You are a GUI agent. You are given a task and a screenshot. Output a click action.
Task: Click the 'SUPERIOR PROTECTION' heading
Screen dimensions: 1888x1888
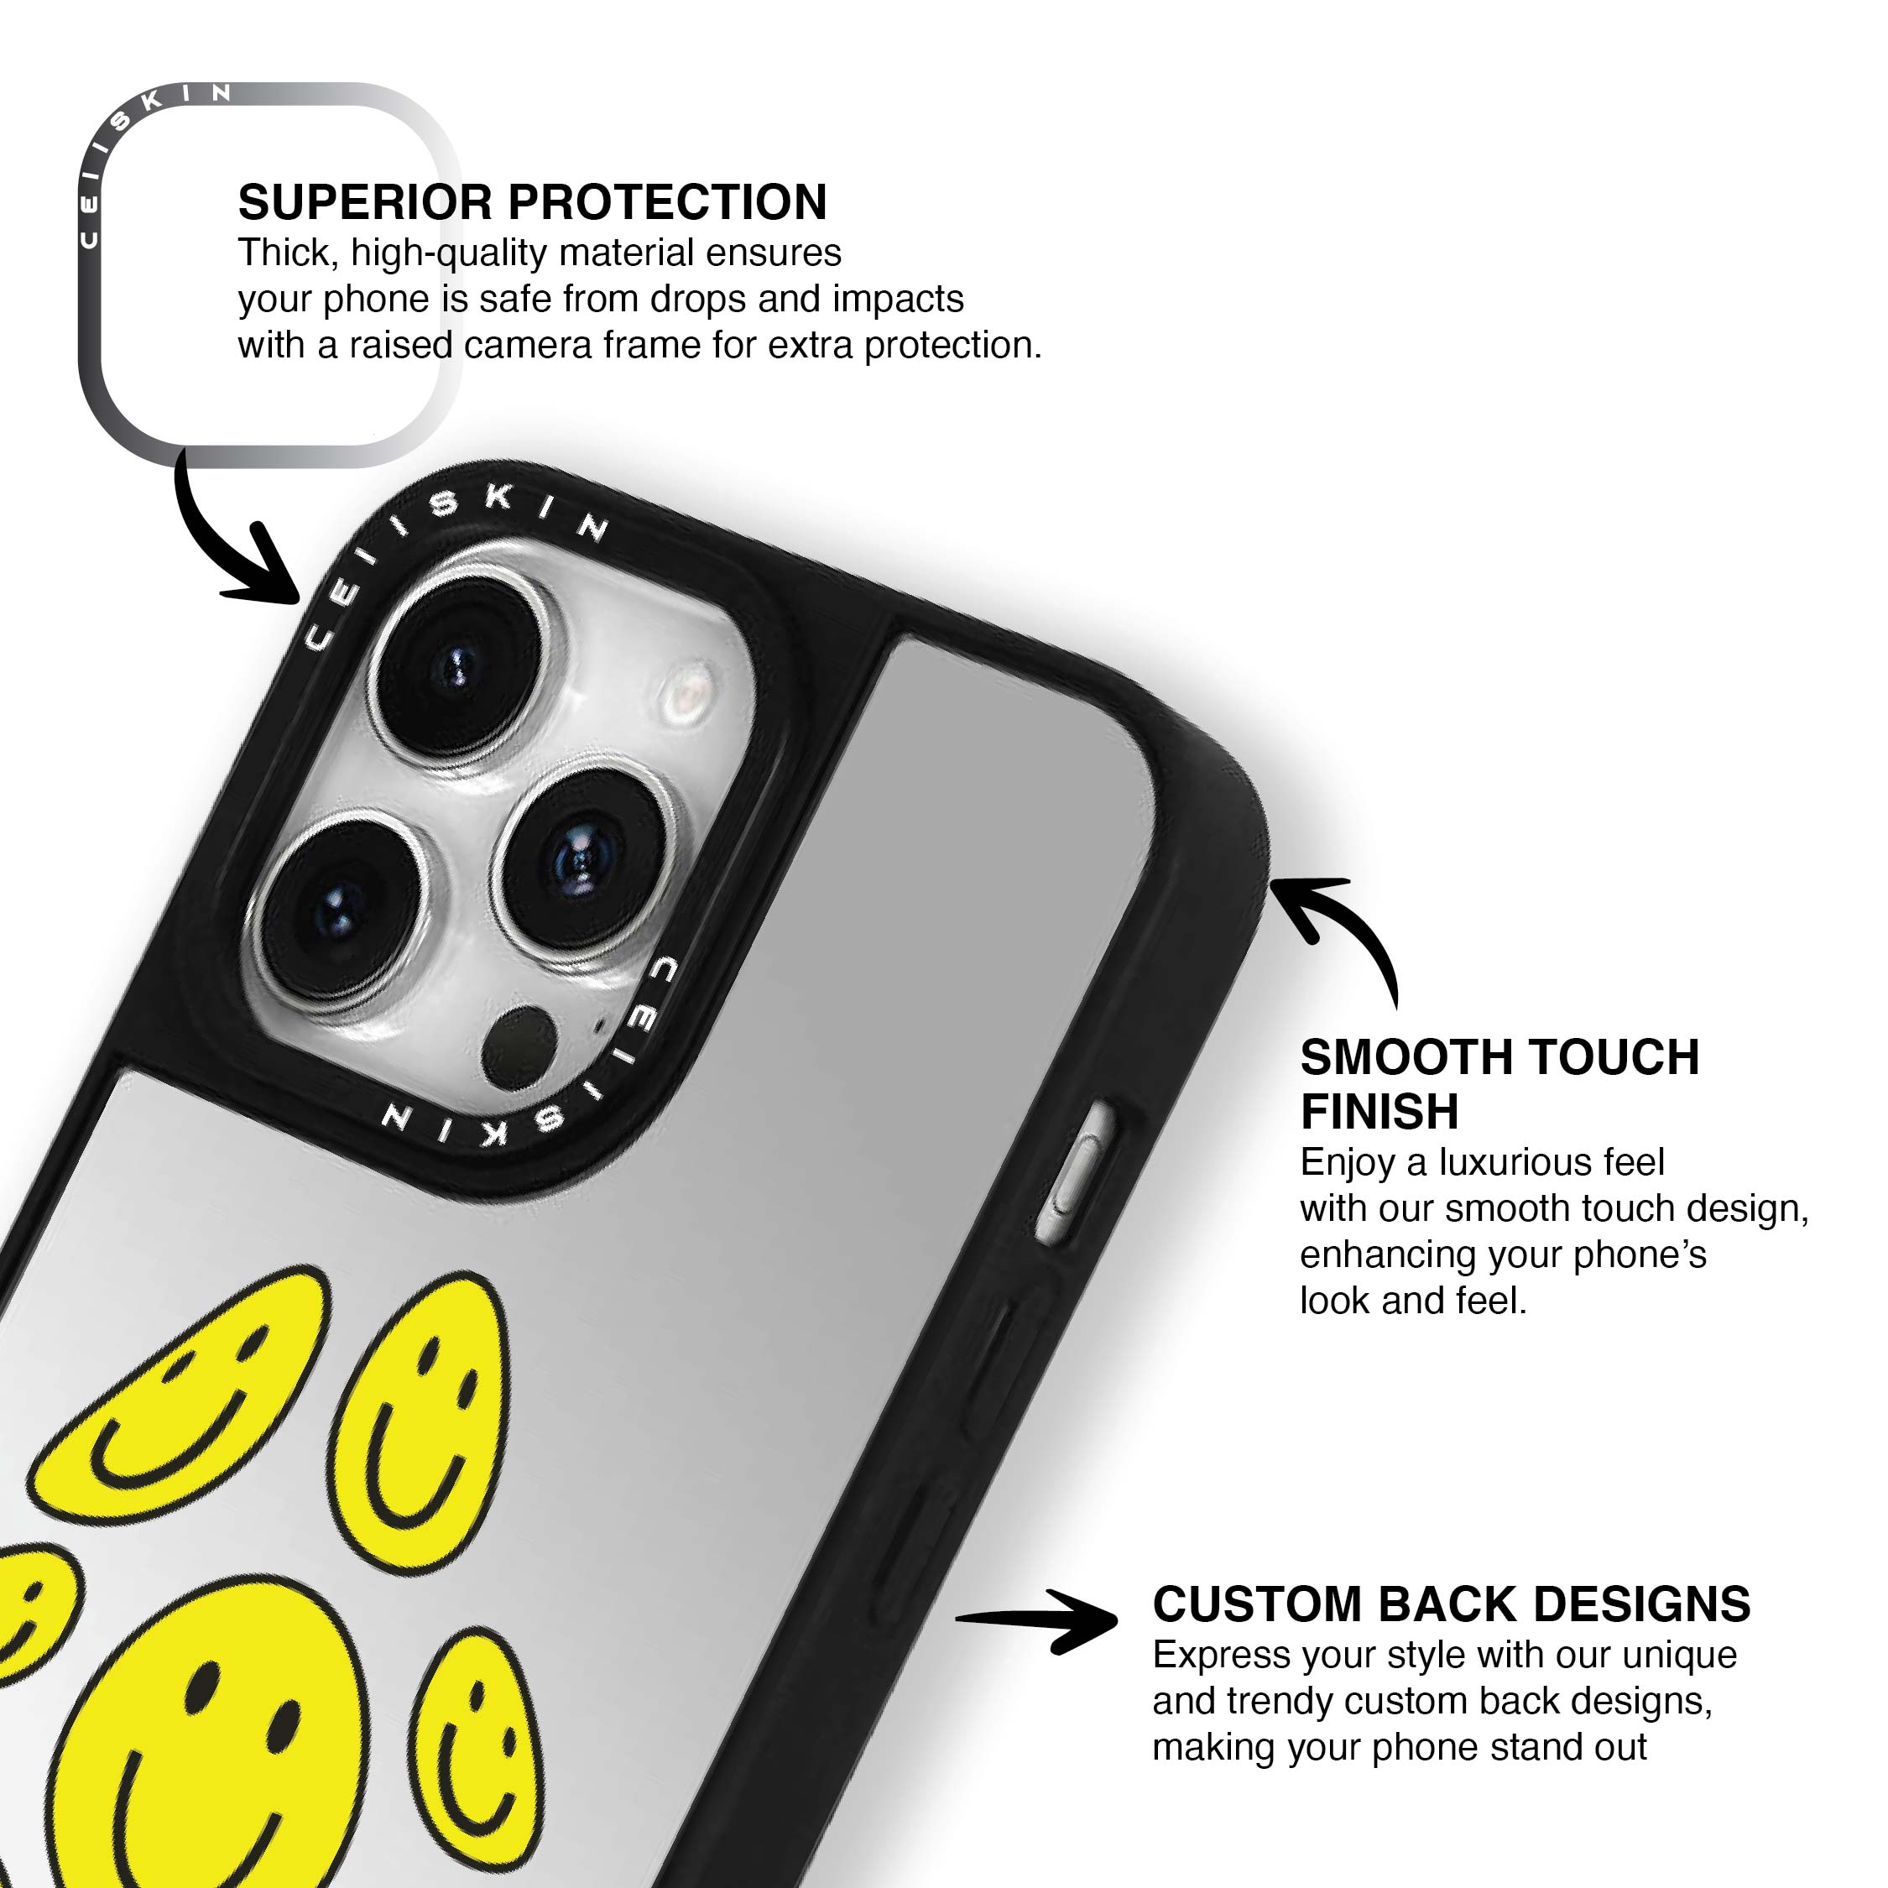pyautogui.click(x=533, y=203)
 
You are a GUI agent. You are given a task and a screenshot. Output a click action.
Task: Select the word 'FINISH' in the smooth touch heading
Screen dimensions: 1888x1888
pyautogui.click(x=1379, y=1111)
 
